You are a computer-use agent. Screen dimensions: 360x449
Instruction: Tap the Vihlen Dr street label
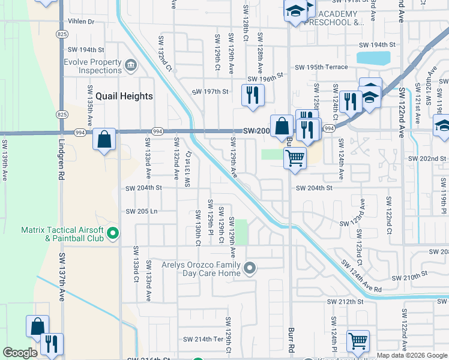[82, 22]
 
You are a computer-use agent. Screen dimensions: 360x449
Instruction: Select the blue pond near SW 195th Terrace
[372, 58]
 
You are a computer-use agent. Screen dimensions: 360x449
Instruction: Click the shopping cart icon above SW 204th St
[294, 158]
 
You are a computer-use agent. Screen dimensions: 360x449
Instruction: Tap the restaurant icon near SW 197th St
[253, 94]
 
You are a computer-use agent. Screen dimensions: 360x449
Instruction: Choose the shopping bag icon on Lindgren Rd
[104, 139]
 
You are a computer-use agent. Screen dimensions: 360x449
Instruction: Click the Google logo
[20, 353]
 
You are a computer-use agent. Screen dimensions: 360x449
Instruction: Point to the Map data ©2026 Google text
[411, 355]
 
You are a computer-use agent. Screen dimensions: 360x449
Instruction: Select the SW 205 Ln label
[141, 211]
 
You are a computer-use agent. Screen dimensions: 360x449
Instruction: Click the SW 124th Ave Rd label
[361, 276]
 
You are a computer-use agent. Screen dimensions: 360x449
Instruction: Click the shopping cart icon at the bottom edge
[358, 341]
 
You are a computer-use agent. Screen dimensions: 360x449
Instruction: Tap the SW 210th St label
[409, 276]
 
